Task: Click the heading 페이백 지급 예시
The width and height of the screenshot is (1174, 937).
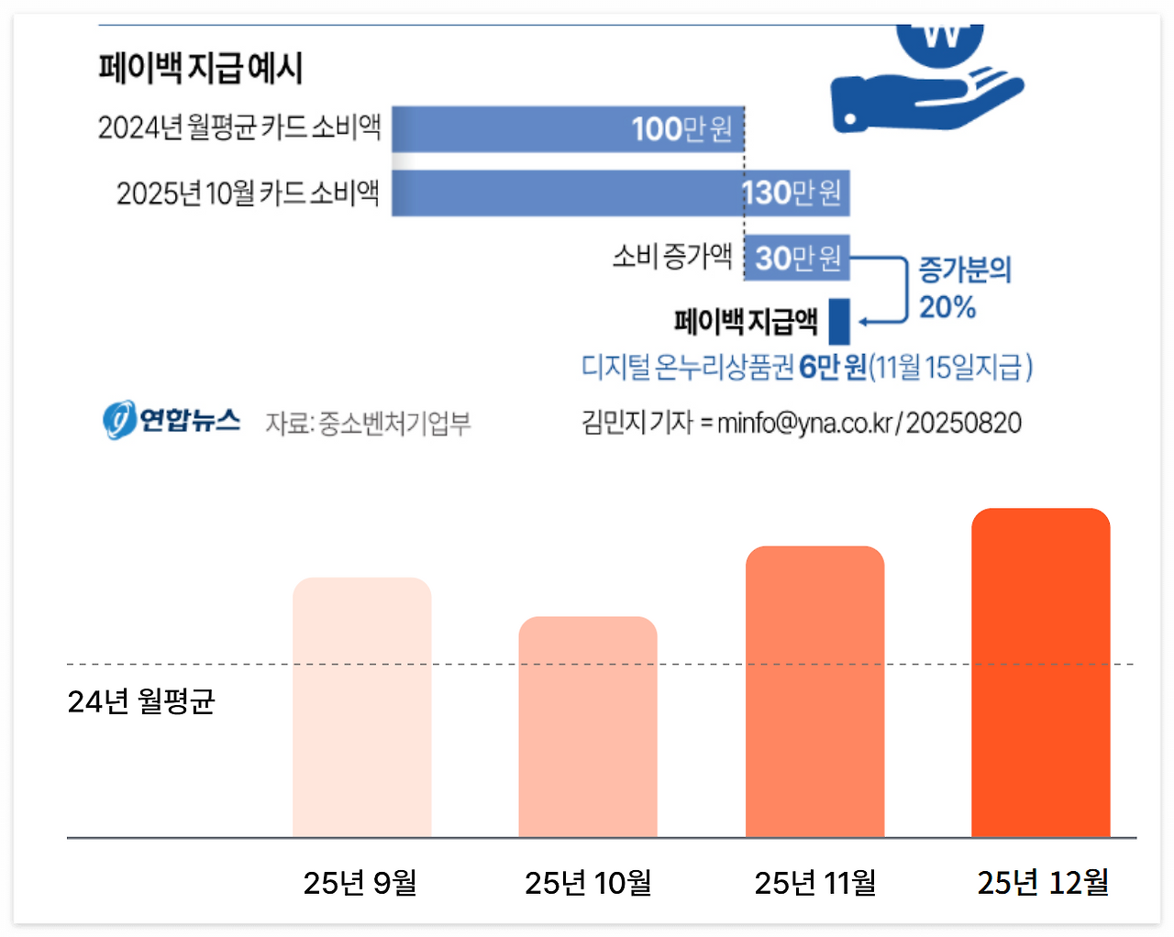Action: pyautogui.click(x=200, y=69)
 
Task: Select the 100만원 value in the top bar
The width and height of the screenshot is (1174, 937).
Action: pyautogui.click(x=681, y=129)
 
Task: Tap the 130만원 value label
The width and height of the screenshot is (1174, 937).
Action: pyautogui.click(x=792, y=193)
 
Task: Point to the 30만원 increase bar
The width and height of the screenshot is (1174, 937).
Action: pyautogui.click(x=796, y=259)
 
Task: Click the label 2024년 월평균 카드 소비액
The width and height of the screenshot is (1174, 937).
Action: pyautogui.click(x=239, y=127)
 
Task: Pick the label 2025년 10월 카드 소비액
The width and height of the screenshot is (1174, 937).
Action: pyautogui.click(x=248, y=193)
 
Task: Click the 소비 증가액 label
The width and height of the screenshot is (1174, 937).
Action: pyautogui.click(x=672, y=257)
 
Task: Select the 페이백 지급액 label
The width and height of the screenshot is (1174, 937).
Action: pyautogui.click(x=745, y=322)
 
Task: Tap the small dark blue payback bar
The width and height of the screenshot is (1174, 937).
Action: pyautogui.click(x=839, y=322)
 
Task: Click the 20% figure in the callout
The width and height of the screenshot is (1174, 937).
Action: pyautogui.click(x=947, y=307)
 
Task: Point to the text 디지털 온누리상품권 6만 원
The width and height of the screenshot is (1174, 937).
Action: pyautogui.click(x=724, y=368)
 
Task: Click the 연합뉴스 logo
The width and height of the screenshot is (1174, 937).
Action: pyautogui.click(x=172, y=421)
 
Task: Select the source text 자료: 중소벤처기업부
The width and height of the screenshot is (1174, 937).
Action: pyautogui.click(x=368, y=424)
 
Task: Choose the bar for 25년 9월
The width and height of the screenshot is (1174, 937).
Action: pyautogui.click(x=362, y=707)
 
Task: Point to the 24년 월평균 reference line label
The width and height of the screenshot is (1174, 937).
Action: pyautogui.click(x=141, y=701)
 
